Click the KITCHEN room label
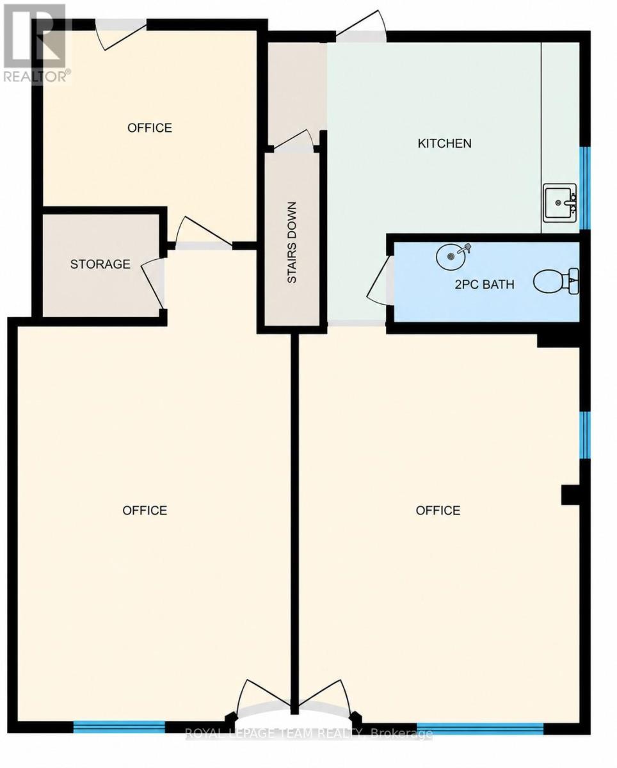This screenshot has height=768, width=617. [445, 143]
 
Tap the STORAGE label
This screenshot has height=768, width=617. [100, 264]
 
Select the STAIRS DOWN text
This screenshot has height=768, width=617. [292, 243]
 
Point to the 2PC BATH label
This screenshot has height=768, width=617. [485, 284]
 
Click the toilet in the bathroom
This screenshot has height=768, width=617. [556, 281]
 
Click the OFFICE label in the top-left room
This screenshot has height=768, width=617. [150, 128]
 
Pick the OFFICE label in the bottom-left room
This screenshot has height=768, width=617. [145, 510]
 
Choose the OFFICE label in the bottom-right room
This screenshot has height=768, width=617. [438, 510]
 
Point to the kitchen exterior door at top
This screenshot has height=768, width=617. [360, 27]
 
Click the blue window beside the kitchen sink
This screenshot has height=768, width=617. [585, 188]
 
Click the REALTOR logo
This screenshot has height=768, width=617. [35, 43]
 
